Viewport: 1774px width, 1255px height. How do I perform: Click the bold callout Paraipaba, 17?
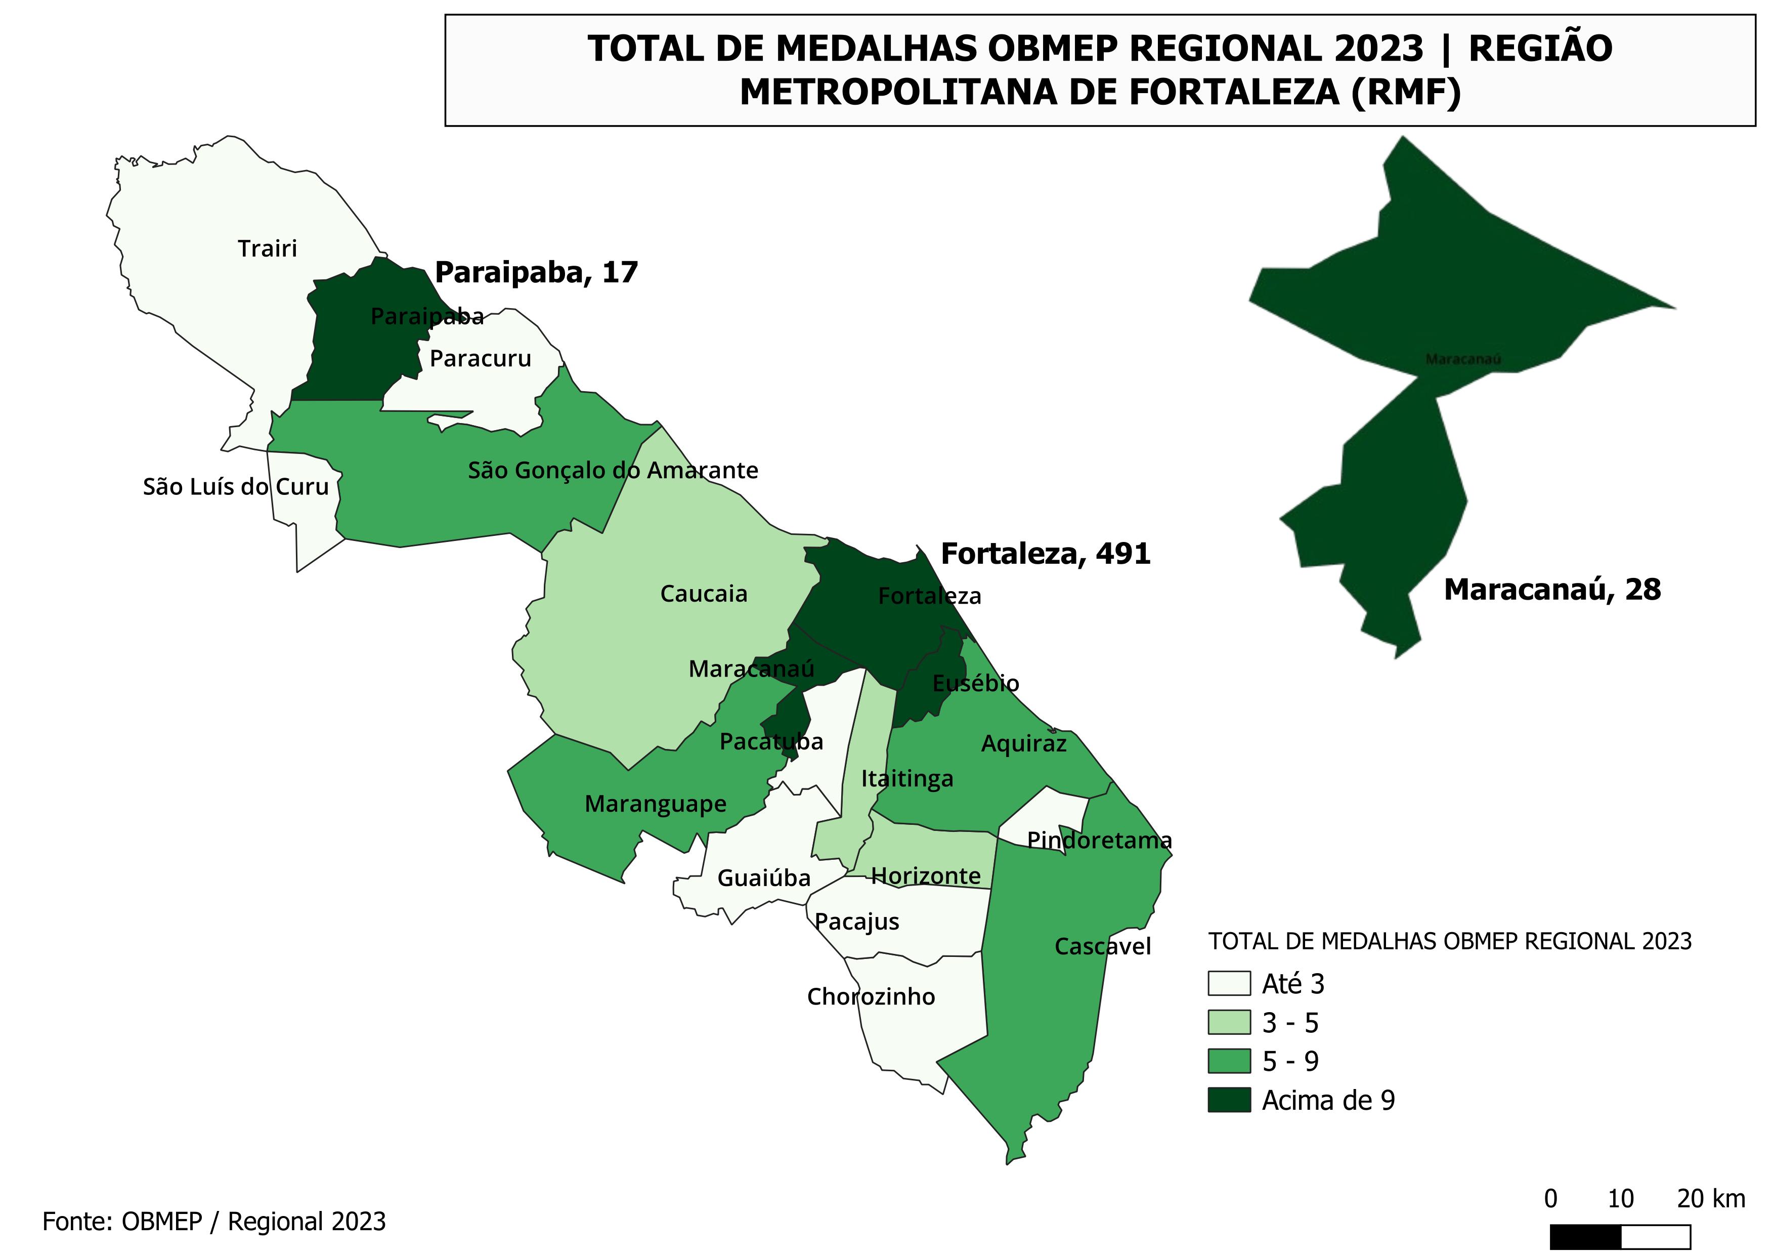pos(536,273)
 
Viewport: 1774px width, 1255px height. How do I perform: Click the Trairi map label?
pos(267,249)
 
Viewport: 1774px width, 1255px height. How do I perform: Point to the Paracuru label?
pos(480,359)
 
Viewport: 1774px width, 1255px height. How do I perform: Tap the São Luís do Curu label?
pos(236,487)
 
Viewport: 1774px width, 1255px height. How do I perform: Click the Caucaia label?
pos(703,594)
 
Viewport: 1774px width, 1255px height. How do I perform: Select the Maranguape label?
pos(655,804)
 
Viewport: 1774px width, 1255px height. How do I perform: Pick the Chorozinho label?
pos(871,997)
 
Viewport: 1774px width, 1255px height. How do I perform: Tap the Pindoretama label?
pos(1099,840)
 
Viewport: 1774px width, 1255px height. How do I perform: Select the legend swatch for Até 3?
pos(1229,984)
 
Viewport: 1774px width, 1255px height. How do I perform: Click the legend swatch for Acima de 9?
pos(1229,1101)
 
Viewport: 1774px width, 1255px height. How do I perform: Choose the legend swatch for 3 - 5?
pos(1229,1022)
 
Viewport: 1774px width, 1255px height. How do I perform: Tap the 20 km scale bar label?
pos(1711,1199)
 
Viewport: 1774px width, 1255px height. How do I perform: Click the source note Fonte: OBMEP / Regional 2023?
pos(214,1222)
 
